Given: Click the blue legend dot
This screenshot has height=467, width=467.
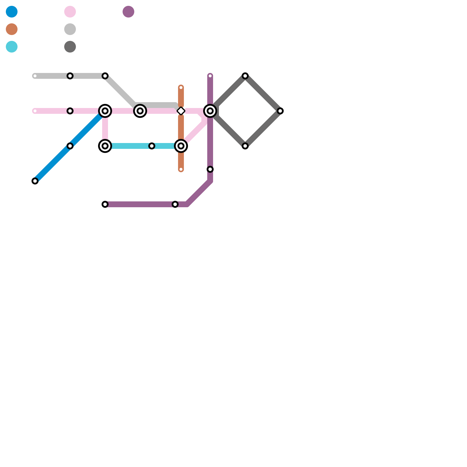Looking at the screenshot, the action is coord(12,12).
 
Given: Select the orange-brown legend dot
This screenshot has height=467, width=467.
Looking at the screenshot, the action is coord(12,29).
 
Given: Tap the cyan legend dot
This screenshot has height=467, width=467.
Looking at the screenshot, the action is coord(12,47).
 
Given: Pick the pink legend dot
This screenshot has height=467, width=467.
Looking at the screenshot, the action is coord(70,12).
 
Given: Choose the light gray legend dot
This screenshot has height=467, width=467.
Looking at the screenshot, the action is coord(70,29).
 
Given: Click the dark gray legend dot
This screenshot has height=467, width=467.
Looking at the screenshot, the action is coord(70,47).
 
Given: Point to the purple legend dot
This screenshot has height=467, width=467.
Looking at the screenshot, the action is coord(128,12).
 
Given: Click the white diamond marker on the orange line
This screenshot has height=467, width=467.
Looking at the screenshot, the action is coord(181,111).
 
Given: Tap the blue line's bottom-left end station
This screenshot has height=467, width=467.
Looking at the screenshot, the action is coord(35,181).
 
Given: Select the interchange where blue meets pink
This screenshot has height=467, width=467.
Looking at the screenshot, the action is coord(105,111).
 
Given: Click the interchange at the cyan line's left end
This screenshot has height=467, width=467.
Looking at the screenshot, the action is coord(105,146).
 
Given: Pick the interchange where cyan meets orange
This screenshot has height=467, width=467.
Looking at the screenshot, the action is coord(181,146).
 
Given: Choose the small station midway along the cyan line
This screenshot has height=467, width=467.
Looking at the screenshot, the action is coord(152,146).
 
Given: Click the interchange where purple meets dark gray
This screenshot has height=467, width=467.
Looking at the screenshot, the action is coord(210,111).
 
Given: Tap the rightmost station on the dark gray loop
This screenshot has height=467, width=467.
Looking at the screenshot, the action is coord(280,111).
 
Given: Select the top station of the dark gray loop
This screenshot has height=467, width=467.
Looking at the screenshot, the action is coord(245,76).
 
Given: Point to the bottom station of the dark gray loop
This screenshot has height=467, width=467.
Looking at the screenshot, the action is coord(245,146).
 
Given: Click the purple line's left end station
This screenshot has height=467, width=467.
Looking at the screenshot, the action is coord(105,204).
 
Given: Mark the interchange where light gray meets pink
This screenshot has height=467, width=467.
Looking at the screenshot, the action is coord(140,111).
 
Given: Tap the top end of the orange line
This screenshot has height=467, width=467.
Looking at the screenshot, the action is coord(181,88).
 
